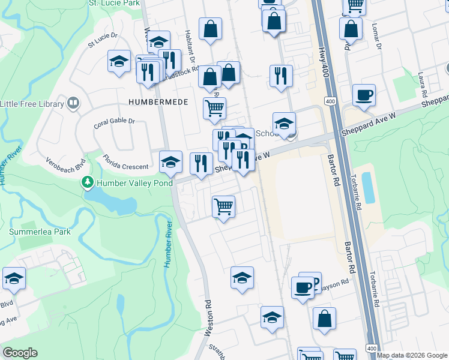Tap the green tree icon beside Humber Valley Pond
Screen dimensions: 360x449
[88, 181]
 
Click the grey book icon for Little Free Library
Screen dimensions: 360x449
[73, 103]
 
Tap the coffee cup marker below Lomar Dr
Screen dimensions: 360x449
[364, 96]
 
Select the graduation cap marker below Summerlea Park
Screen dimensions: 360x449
[14, 279]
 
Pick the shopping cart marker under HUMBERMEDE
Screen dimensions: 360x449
[214, 109]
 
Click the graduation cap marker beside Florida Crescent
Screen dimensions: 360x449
[170, 162]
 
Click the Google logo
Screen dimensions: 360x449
[20, 353]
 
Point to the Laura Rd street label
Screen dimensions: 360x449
[423, 85]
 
